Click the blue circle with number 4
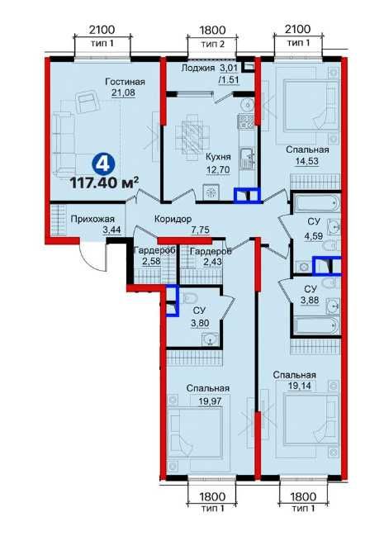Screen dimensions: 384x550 coord(103,164)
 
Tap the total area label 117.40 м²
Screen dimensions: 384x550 coord(104,183)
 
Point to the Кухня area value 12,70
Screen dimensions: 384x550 coord(218,170)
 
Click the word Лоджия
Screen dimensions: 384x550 coord(198,68)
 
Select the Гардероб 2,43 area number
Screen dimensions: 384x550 coord(212,261)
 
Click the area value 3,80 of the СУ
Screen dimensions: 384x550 coord(200,323)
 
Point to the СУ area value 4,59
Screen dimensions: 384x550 coord(314,235)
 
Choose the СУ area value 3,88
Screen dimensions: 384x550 coord(310,301)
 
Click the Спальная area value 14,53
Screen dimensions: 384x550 coord(307,161)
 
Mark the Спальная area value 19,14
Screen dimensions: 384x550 coord(300,386)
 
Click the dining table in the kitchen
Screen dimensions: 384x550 coord(192,136)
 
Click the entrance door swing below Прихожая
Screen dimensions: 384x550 coord(92,256)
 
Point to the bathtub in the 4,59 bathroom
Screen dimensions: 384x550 coord(316,203)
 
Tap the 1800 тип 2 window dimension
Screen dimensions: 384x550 coord(212,36)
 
